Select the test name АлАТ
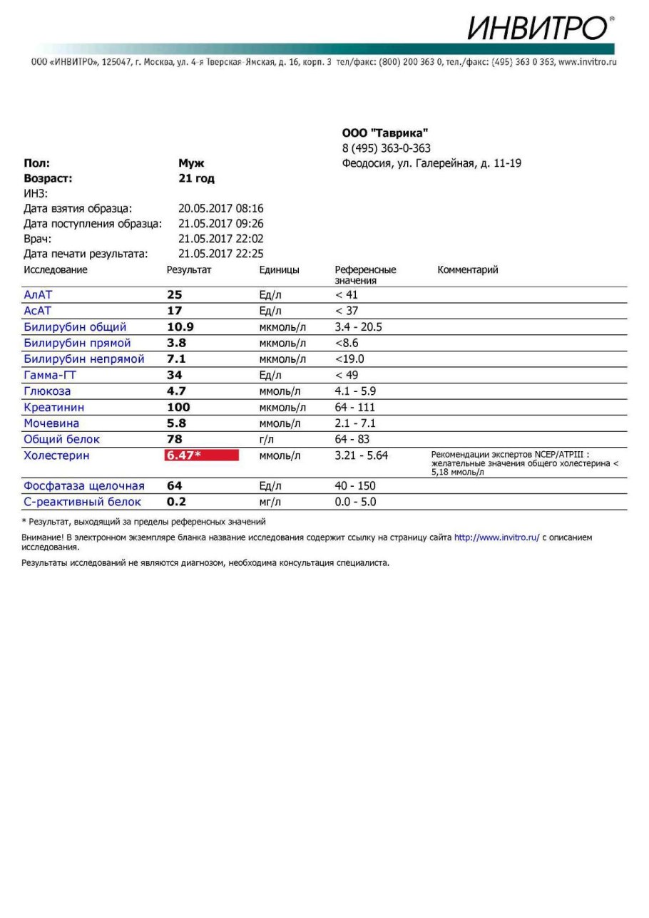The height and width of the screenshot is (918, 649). (38, 295)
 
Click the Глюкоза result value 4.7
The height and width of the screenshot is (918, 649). (176, 391)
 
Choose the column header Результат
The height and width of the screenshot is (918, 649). (189, 270)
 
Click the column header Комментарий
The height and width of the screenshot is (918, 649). (467, 270)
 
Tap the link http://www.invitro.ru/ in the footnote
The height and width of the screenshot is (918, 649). (496, 538)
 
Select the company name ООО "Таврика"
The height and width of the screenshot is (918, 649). (385, 133)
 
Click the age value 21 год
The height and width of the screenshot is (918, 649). (196, 179)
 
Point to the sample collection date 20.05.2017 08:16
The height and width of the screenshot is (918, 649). (220, 209)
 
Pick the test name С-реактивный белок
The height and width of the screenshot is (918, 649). (83, 502)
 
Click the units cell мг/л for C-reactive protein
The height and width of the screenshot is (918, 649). (270, 502)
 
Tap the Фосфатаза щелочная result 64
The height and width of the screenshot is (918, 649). (175, 486)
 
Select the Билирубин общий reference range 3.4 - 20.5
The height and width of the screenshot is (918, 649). (358, 327)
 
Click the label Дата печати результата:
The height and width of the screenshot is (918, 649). (86, 254)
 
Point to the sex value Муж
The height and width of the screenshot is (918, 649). (191, 163)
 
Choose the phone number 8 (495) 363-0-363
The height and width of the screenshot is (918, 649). (386, 148)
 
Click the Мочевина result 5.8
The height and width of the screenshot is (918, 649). (176, 423)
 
